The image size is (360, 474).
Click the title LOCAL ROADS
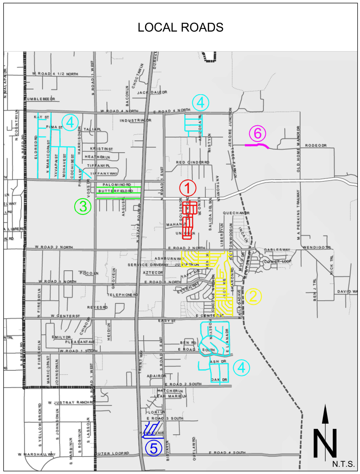click(180, 28)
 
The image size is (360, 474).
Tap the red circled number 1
click(188, 188)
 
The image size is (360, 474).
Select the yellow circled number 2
click(252, 296)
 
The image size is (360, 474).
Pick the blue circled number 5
click(154, 448)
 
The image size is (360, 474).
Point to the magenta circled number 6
click(258, 134)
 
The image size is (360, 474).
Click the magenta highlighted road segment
click(257, 145)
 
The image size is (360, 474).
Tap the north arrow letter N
click(325, 443)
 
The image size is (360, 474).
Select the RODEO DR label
click(315, 146)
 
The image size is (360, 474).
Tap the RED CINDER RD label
click(192, 162)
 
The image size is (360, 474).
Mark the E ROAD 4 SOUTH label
click(227, 453)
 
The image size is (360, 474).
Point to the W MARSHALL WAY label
click(37, 454)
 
